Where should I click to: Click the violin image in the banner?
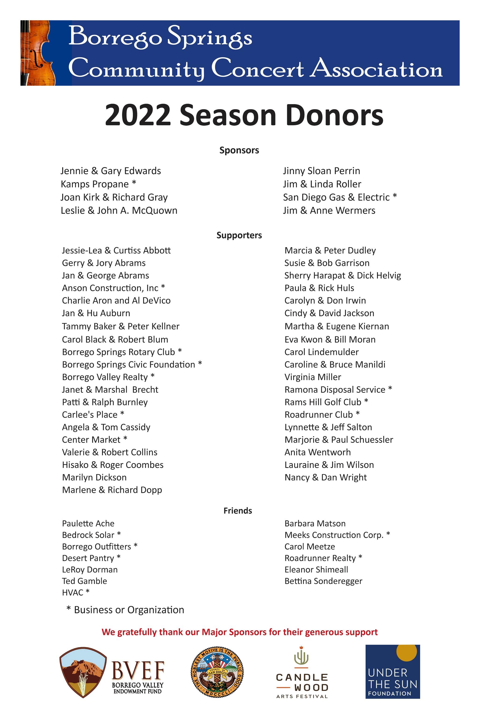coord(38,53)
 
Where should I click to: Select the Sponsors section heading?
coord(239,150)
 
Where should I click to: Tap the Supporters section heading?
coord(239,235)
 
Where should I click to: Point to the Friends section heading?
coord(238,510)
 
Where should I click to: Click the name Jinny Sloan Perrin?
coord(321,171)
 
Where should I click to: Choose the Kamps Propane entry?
coord(95,184)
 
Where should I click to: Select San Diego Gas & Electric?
coord(336,197)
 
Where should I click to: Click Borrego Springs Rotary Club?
coord(119,352)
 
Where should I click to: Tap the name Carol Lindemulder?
coord(321,352)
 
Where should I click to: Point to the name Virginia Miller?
coord(312,377)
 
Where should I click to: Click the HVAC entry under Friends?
coord(73,592)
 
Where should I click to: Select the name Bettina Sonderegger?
coord(323,581)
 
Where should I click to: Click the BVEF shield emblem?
coord(83,672)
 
